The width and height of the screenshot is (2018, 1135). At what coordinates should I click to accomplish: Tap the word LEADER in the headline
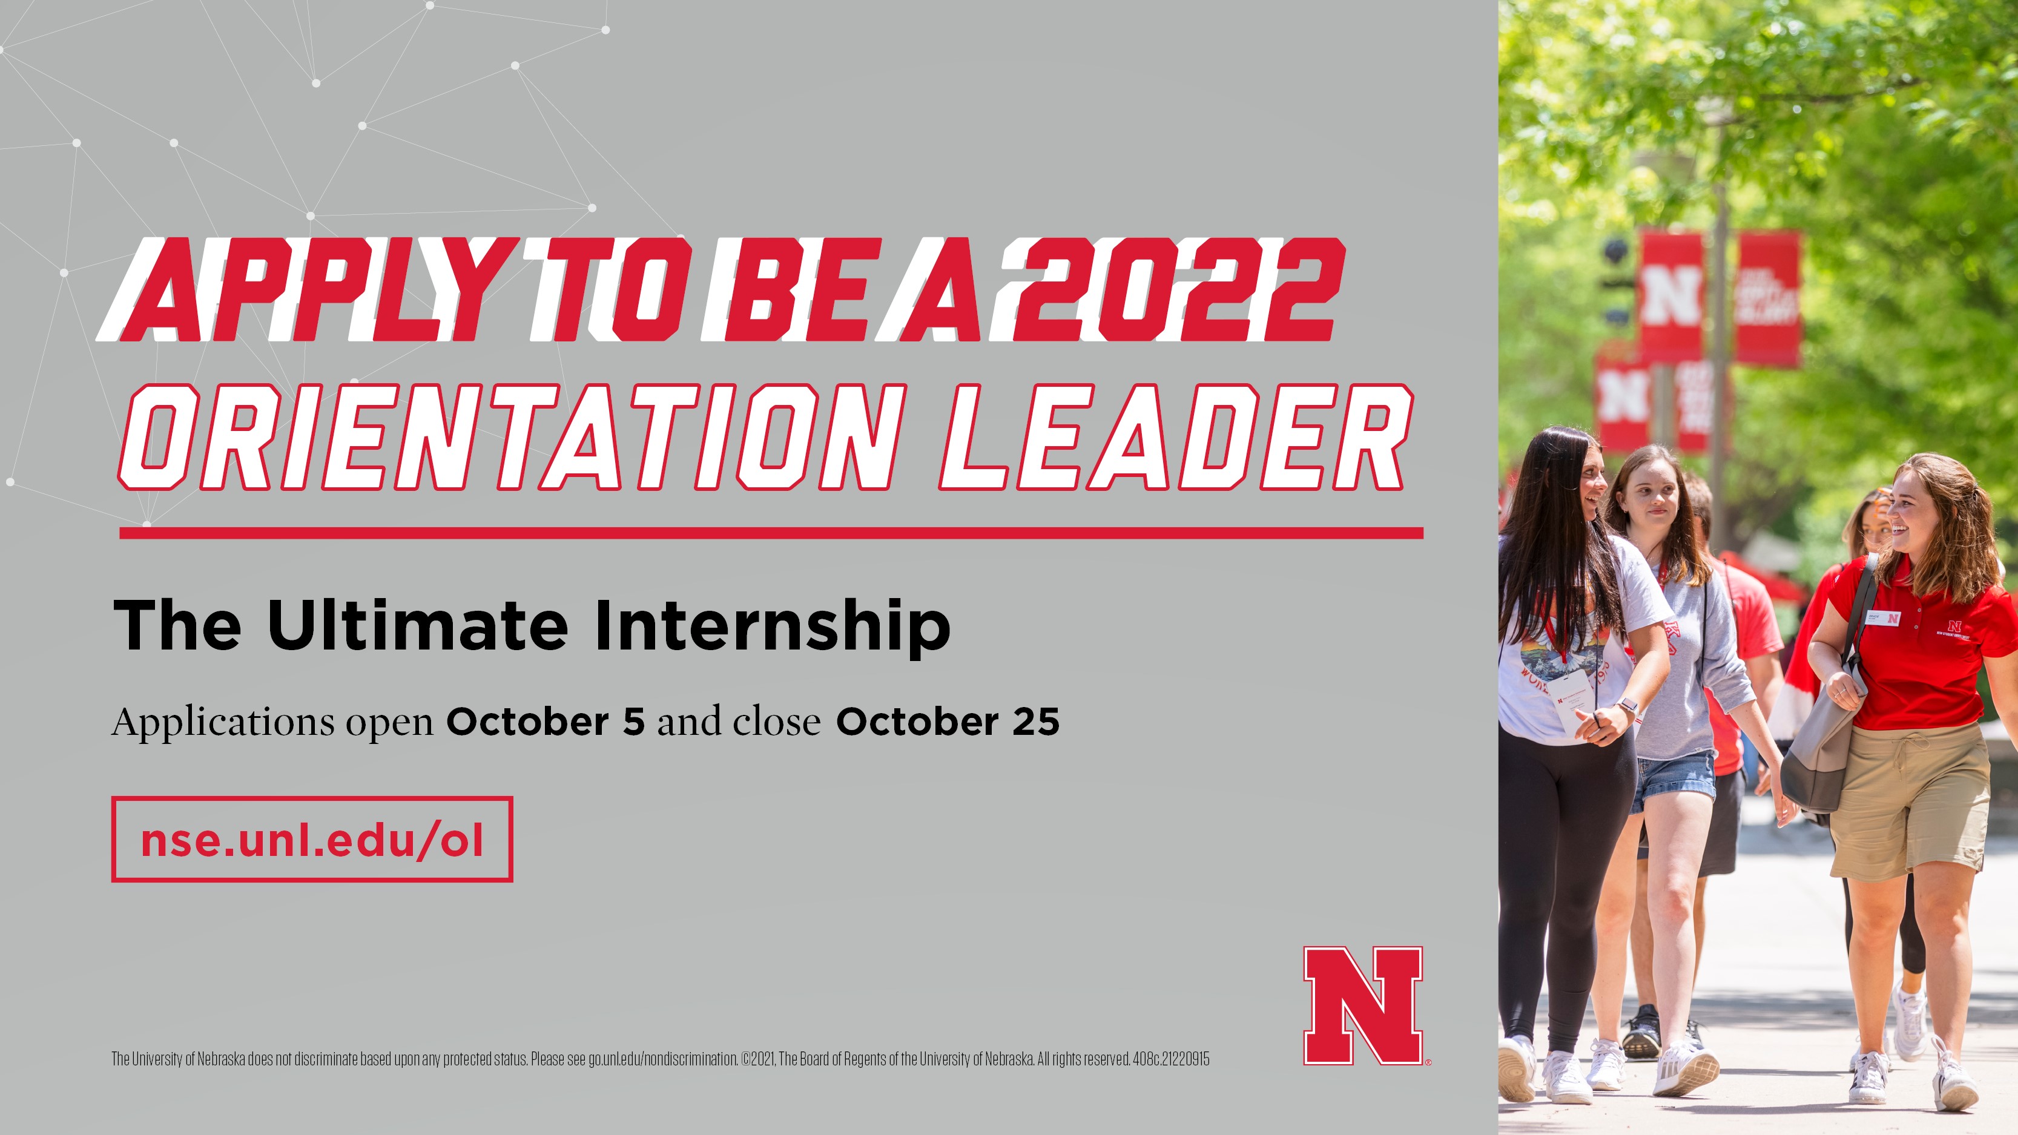click(x=1176, y=437)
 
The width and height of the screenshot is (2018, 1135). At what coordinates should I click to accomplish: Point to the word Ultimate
click(x=418, y=625)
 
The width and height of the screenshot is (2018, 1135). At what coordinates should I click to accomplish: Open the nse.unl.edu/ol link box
click(x=312, y=840)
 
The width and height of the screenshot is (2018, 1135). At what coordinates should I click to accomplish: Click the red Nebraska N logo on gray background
click(x=1363, y=1005)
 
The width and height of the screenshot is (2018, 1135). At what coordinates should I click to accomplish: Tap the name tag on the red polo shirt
click(x=1882, y=618)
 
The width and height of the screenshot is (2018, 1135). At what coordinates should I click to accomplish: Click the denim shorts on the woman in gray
click(x=1674, y=780)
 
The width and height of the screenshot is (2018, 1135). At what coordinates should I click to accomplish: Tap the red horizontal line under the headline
click(x=771, y=533)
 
